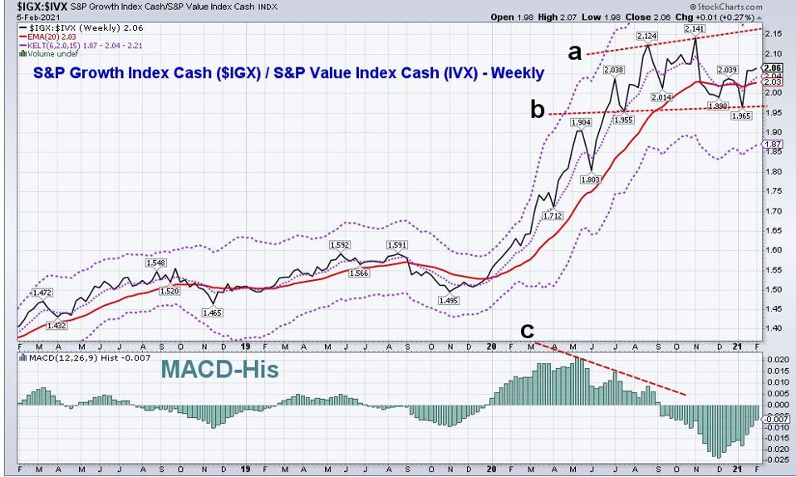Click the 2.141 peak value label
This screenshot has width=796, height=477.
pos(694,29)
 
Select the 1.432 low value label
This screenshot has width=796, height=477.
pos(57,325)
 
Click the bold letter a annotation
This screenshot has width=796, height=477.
pos(573,53)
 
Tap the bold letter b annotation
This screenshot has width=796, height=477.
pos(538,109)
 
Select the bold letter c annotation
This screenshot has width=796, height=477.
pos(527,331)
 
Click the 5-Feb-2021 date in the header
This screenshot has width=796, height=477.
pos(24,16)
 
